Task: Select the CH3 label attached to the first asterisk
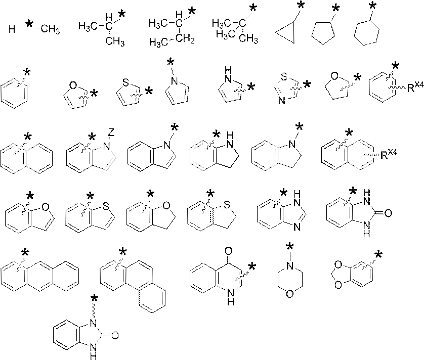(50, 30)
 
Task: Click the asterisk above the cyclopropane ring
(301, 6)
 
